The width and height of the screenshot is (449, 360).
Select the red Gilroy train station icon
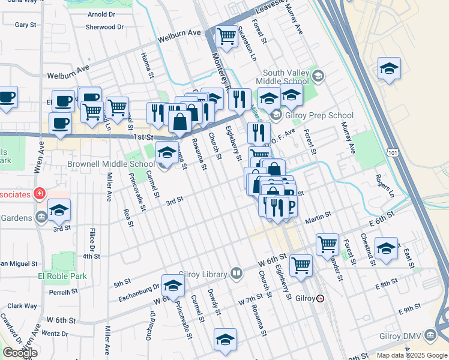coord(321,298)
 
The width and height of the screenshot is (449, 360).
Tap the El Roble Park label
coord(62,277)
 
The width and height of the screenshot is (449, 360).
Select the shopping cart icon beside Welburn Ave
coord(226,37)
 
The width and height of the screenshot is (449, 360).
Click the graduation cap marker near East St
coord(386,248)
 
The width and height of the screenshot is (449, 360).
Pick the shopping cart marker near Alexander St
coord(327,244)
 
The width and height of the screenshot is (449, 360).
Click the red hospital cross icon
coord(40,194)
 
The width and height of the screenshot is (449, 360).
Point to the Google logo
coord(20,353)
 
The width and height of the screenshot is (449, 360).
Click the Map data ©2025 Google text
coord(411,355)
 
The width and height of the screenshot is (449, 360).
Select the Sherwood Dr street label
coord(104,27)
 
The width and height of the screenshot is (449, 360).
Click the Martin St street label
coord(318,215)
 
